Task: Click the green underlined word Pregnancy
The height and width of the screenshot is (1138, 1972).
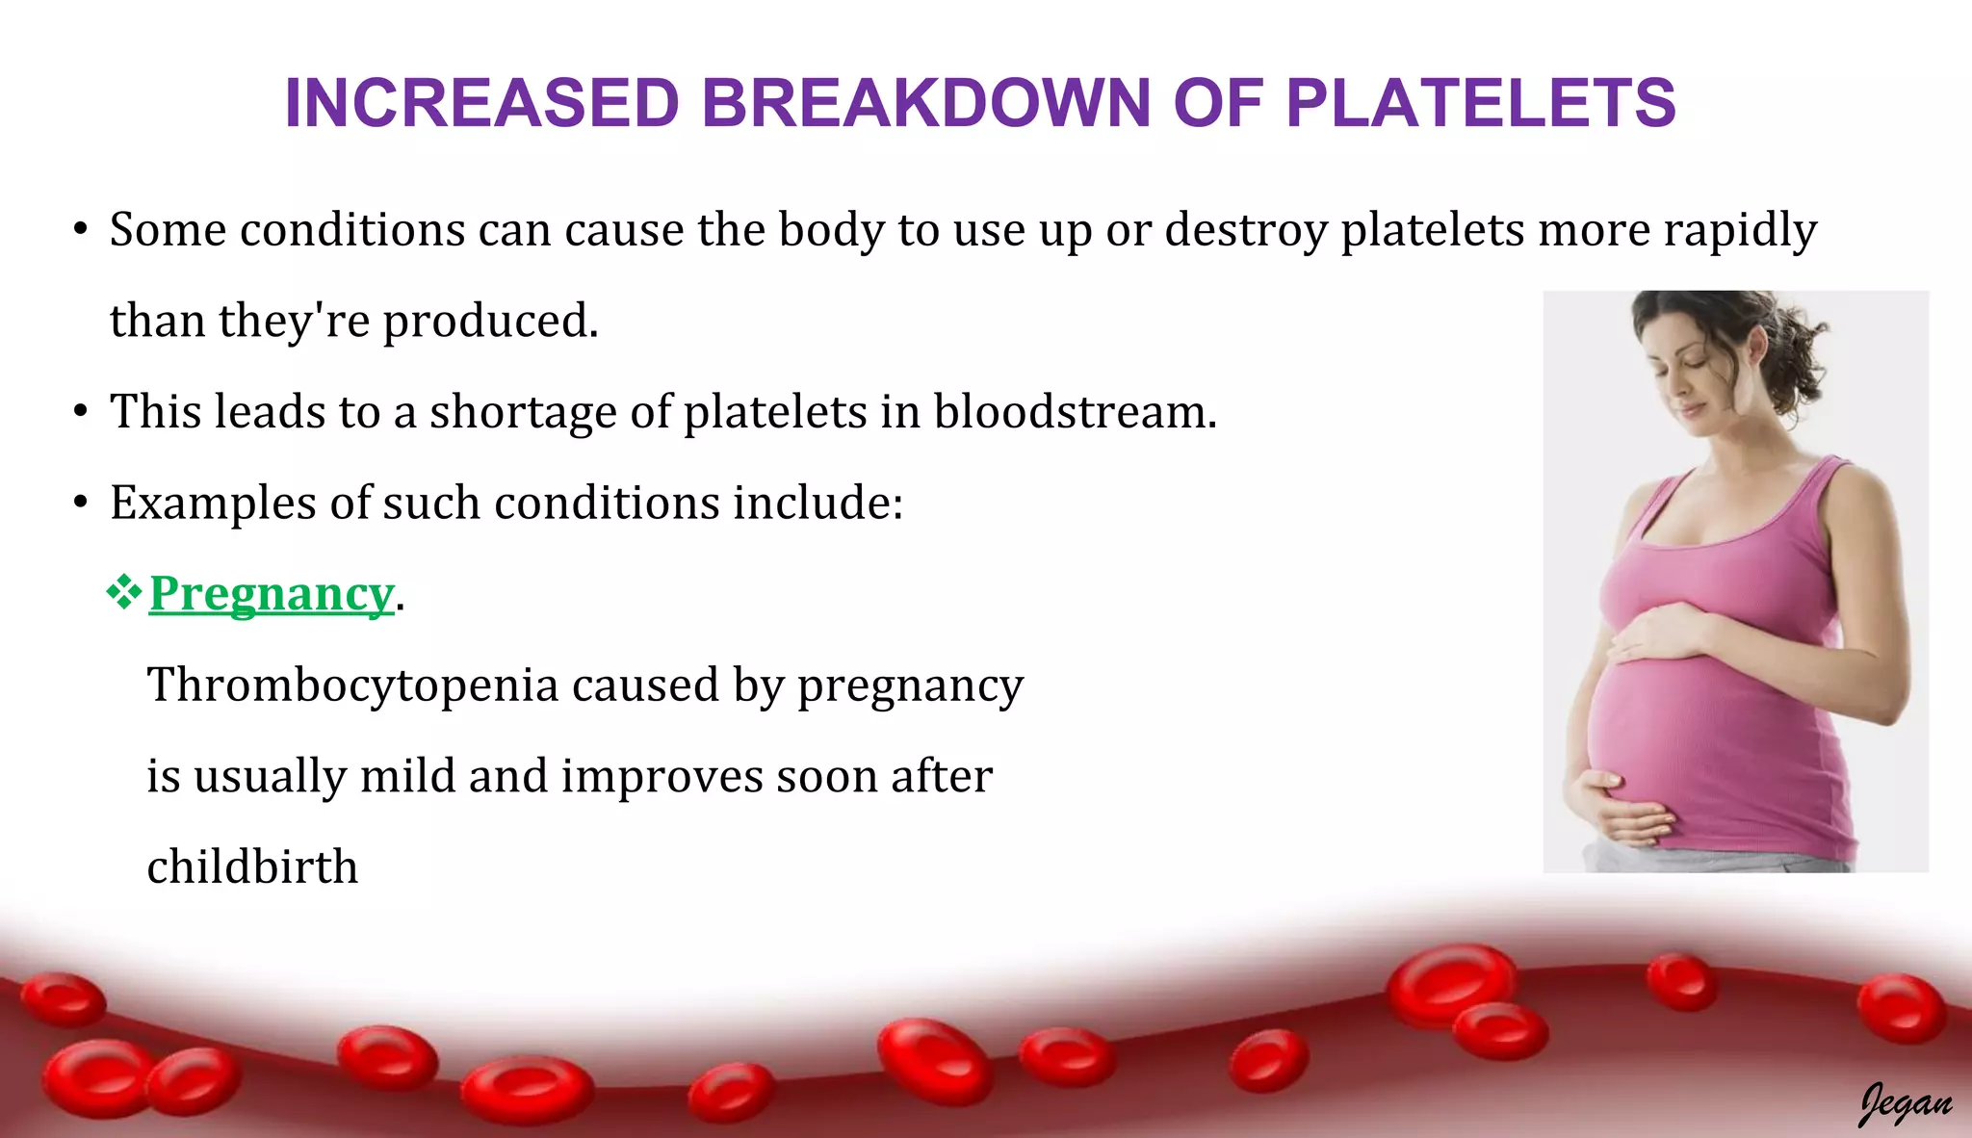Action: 272,594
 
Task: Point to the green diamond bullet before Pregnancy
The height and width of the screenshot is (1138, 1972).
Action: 123,592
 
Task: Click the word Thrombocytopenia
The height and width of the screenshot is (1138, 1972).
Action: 352,685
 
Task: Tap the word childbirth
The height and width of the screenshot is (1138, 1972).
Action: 252,866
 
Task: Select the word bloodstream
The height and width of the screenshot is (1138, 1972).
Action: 1068,412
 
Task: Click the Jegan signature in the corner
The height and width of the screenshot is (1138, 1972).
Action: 1904,1103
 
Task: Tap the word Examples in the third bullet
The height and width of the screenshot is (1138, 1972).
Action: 213,504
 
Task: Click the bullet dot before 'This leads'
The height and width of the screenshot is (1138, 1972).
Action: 81,412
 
